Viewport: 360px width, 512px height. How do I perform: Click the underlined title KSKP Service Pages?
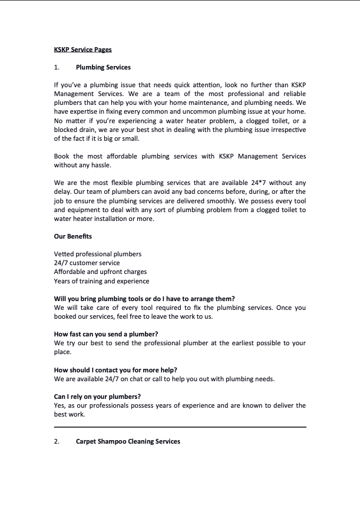82,49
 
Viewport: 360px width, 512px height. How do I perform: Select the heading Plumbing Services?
103,67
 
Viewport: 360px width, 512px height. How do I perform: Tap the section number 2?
57,441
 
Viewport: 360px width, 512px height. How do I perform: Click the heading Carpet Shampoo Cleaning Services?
128,441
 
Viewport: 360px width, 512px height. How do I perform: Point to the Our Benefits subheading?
72,236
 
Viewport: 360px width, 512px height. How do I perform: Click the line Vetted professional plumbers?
97,254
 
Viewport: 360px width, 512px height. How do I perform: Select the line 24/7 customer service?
87,263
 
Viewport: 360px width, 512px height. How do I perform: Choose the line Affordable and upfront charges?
100,272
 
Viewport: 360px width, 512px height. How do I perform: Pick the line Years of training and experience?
101,281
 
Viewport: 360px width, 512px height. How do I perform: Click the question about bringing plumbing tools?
144,299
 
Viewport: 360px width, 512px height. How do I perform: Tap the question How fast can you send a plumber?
106,334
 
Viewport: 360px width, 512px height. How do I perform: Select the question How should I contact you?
115,370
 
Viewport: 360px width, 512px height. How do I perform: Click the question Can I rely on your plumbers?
97,397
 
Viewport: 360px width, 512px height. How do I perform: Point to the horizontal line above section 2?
180,427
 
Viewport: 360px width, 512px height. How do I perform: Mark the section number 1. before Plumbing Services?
57,67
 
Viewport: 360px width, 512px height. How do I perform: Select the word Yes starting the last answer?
60,405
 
